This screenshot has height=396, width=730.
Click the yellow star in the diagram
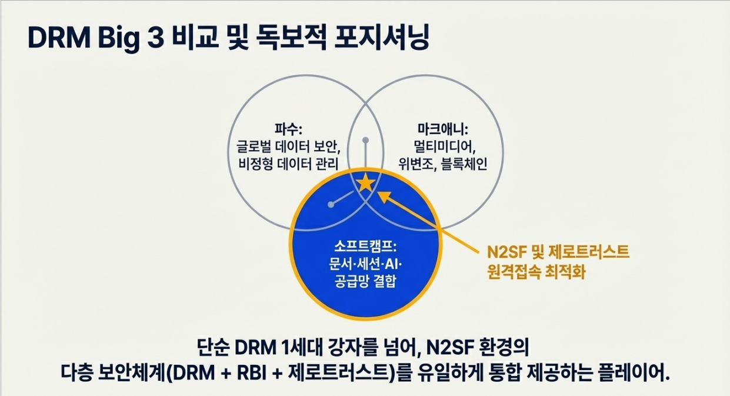click(x=365, y=183)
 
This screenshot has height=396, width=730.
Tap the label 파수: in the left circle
click(x=287, y=128)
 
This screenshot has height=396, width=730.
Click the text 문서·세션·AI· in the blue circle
click(x=365, y=263)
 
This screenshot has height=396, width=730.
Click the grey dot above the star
click(x=365, y=141)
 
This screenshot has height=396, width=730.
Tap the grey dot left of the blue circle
click(x=331, y=205)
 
